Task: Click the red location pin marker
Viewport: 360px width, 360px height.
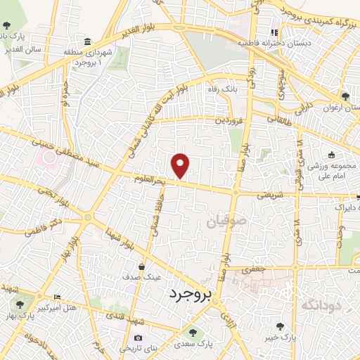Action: pos(181,165)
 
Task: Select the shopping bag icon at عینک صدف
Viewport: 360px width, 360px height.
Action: pos(143,266)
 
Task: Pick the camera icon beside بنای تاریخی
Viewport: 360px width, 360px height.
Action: pos(138,338)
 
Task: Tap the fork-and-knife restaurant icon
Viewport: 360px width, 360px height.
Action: pos(274,32)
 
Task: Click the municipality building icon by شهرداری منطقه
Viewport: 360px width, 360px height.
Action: pos(86,42)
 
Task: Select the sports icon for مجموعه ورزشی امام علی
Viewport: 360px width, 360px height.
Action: pos(330,155)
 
